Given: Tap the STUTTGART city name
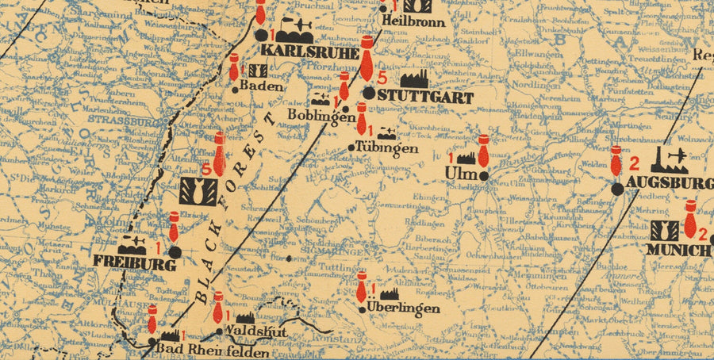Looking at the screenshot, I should [425, 98].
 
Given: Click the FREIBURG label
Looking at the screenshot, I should [134, 262].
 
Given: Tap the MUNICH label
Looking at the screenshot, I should [678, 250].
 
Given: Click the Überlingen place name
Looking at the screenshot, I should [403, 308].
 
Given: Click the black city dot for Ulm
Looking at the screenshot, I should [484, 174].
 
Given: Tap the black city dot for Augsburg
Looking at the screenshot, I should [617, 189].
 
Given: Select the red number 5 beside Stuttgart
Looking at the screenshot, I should [382, 78].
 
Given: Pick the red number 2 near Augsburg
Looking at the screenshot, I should [634, 164].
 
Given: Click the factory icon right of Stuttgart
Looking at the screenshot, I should [414, 79].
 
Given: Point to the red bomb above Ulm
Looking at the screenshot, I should [482, 150].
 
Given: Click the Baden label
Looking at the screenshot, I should [261, 86].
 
